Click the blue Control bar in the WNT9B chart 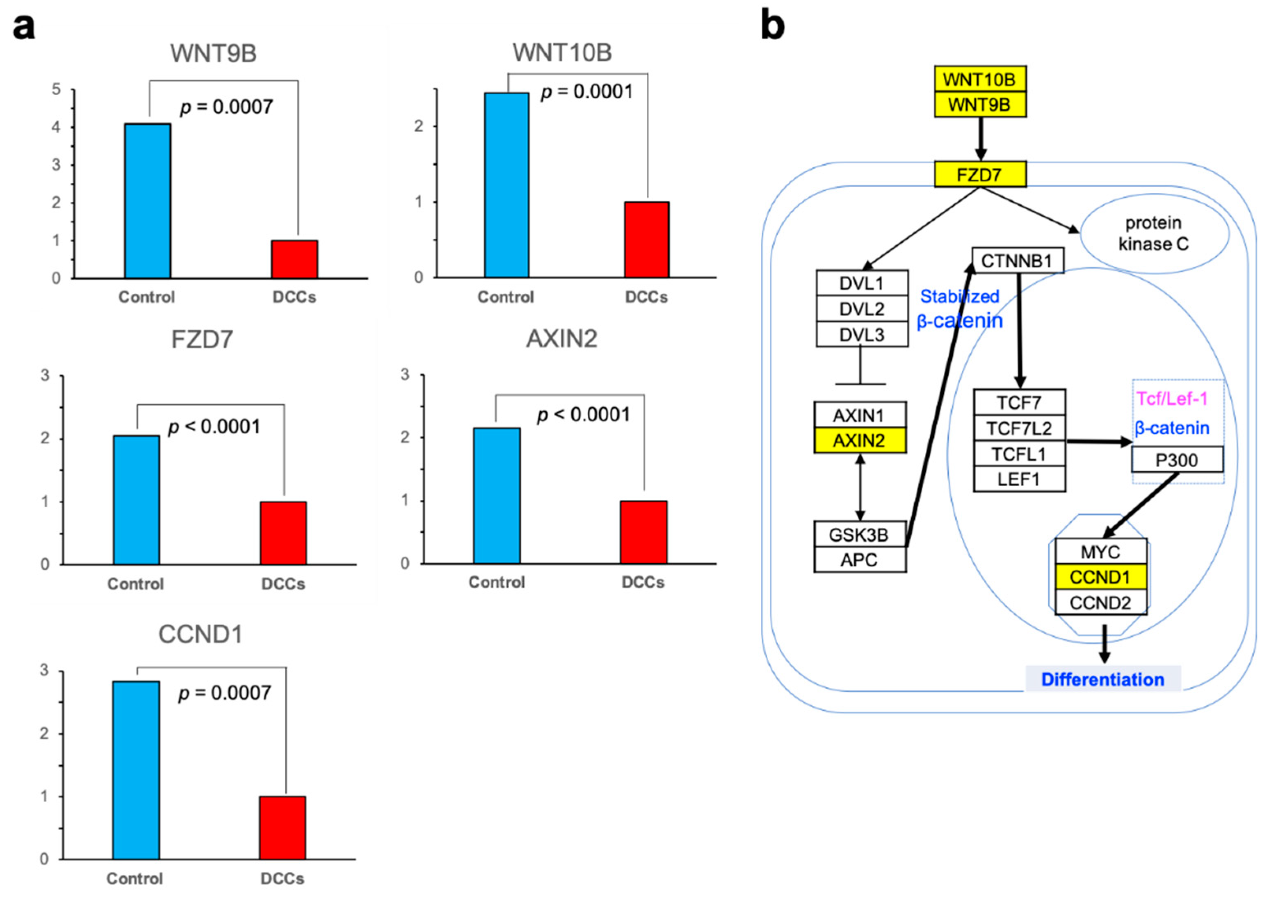point(147,201)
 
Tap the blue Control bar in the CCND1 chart point(136,769)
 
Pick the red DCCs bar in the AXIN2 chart point(643,532)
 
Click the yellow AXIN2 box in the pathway point(859,441)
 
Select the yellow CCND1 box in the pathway point(1100,577)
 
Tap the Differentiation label point(1103,679)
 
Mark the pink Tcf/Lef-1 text point(1172,399)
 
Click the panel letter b point(773,25)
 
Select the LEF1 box point(1019,479)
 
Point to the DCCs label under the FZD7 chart point(283,584)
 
